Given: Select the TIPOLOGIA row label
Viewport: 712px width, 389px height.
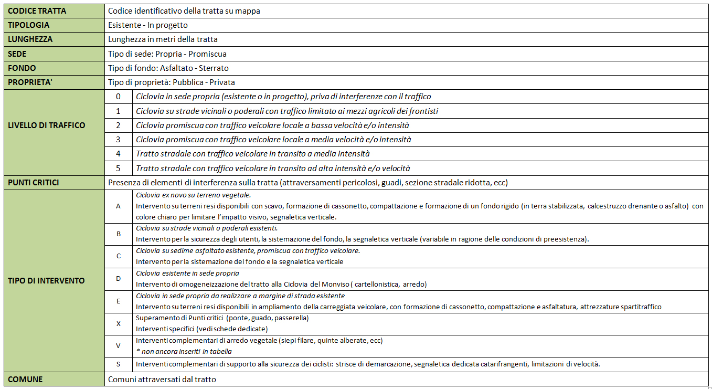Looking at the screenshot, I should [x=28, y=25].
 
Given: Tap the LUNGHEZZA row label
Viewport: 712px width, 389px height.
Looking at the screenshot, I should [x=30, y=39].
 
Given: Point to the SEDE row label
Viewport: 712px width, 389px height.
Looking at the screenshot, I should [x=17, y=54].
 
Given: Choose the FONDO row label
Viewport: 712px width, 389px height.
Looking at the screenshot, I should [x=22, y=68].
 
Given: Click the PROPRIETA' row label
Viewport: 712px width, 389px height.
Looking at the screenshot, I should [x=30, y=82].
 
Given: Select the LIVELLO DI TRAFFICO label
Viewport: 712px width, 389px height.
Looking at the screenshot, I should [x=46, y=125].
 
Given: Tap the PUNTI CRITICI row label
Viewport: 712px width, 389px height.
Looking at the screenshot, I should [x=33, y=182].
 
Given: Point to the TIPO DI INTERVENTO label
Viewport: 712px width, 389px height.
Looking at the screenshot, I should [x=46, y=280].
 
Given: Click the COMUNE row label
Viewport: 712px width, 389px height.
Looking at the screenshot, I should [x=25, y=379].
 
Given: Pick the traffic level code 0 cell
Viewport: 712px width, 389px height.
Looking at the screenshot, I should [x=118, y=97].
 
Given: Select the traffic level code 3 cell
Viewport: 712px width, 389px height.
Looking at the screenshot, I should [x=118, y=140].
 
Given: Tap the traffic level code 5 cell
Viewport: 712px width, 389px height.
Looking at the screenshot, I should [x=118, y=169].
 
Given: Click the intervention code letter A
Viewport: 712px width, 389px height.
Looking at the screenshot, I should [x=118, y=206].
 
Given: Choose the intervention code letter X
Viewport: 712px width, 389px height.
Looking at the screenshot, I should [x=118, y=324].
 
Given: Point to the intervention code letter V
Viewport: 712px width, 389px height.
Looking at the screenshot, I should [x=118, y=346].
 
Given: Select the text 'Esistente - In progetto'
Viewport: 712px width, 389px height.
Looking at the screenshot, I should [x=147, y=25].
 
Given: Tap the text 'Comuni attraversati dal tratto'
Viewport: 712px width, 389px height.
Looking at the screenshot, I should [x=162, y=379].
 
